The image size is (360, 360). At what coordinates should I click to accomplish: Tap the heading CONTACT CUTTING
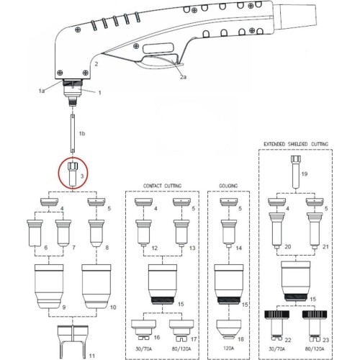162,186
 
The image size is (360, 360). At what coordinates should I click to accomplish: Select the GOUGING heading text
228,186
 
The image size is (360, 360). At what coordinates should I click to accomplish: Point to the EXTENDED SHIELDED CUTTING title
296,144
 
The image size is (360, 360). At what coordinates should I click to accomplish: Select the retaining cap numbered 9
49,287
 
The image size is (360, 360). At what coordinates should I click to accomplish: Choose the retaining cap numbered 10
96,287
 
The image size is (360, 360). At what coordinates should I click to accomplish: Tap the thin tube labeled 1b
73,133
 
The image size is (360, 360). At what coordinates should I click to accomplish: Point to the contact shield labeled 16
143,330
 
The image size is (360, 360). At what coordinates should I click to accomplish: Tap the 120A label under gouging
228,348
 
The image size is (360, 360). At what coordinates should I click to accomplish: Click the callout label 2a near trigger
183,77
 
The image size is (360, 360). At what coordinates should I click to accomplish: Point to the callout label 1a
42,91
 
